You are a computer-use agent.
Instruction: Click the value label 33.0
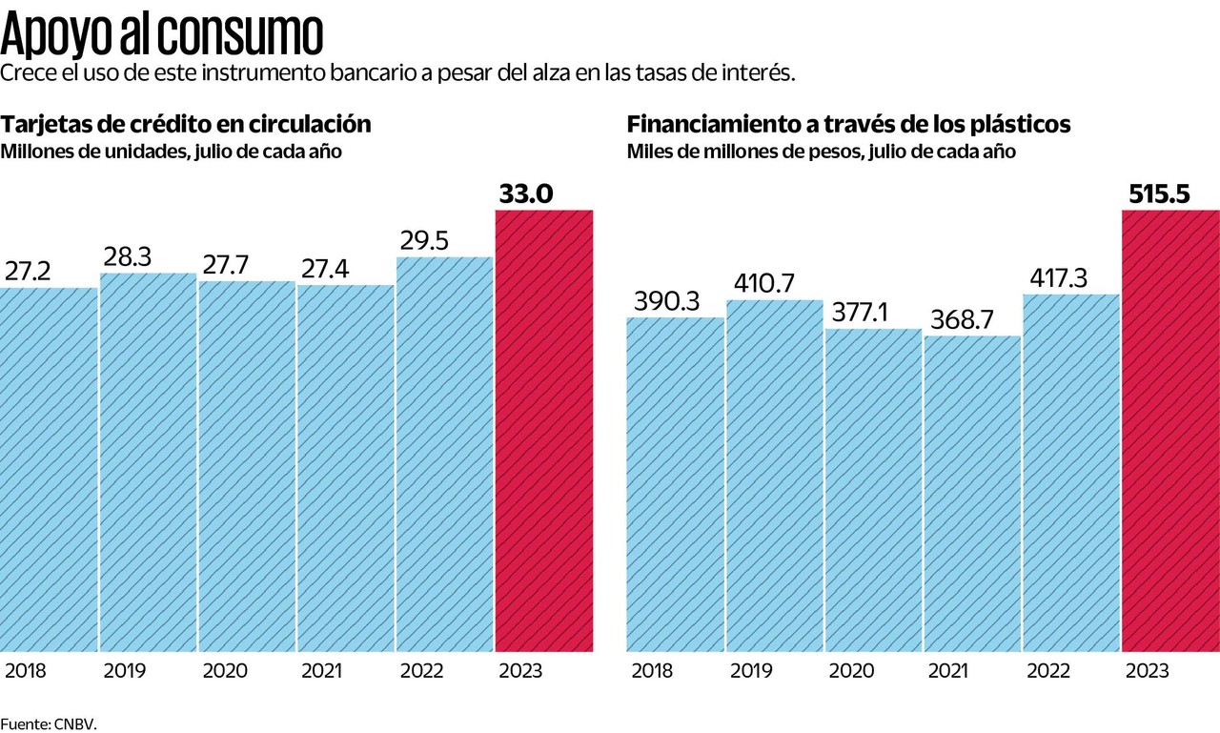click(x=525, y=194)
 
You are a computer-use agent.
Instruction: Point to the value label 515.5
click(x=1159, y=194)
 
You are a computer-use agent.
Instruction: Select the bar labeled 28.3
click(x=148, y=462)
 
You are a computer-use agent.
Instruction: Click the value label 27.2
click(x=29, y=271)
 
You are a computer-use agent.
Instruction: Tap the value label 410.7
click(x=764, y=283)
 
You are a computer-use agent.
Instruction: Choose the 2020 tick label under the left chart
click(x=225, y=671)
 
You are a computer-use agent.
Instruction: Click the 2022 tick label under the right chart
click(x=1048, y=671)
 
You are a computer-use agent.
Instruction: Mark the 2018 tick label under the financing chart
click(x=652, y=671)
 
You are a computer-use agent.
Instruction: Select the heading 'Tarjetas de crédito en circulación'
click(x=186, y=125)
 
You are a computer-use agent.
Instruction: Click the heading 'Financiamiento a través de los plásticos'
click(x=848, y=125)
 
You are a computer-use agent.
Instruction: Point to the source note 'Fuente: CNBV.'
click(x=49, y=723)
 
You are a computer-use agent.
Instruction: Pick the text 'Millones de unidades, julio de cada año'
click(x=171, y=151)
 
